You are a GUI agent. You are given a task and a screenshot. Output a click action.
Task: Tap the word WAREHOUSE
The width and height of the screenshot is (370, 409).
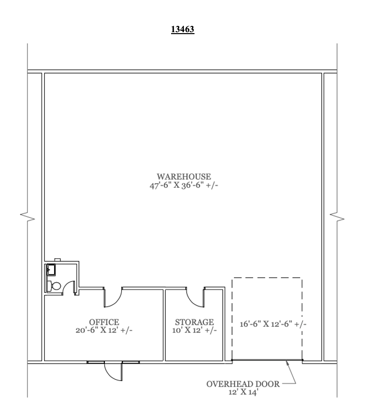(x=183, y=176)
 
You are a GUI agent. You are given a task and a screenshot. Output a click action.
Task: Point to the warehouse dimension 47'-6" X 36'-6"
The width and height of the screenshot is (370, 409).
(x=183, y=185)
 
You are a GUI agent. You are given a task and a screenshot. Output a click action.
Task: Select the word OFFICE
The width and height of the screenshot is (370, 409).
(x=104, y=322)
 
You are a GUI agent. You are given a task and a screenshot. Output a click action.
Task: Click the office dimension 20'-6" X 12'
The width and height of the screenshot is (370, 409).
(x=104, y=330)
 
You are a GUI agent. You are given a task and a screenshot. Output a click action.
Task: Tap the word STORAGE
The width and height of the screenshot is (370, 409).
(x=195, y=322)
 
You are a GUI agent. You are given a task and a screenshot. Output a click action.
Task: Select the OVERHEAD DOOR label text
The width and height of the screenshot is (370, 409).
(x=243, y=384)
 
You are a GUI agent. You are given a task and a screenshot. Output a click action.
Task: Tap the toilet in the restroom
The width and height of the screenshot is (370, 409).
(x=55, y=286)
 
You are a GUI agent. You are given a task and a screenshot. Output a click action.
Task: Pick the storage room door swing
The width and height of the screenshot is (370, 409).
(x=195, y=297)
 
